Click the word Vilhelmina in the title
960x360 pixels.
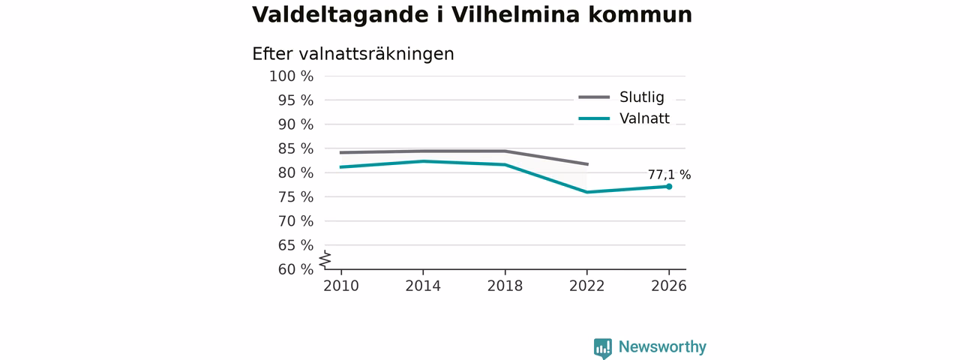tap(515, 14)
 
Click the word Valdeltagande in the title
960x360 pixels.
tap(340, 16)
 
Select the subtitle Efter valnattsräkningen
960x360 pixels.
tap(352, 55)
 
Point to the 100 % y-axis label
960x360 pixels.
tap(291, 76)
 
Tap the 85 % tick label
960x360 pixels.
tap(295, 148)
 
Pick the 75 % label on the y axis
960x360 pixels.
tap(295, 197)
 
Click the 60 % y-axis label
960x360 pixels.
tap(295, 269)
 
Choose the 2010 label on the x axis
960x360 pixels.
tap(341, 286)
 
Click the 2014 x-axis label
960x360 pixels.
tap(423, 286)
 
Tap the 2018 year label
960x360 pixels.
tap(505, 286)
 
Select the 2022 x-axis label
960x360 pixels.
tap(586, 286)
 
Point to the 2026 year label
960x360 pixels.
tap(668, 286)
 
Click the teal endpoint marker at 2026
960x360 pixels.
tap(669, 187)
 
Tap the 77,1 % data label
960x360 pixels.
tap(669, 175)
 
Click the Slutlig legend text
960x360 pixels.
tap(641, 97)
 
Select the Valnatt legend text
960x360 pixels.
tap(644, 118)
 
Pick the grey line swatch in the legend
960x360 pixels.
tap(594, 97)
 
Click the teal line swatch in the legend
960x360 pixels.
tap(594, 118)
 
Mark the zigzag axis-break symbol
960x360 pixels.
tap(325, 259)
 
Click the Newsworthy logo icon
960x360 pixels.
tap(602, 349)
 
